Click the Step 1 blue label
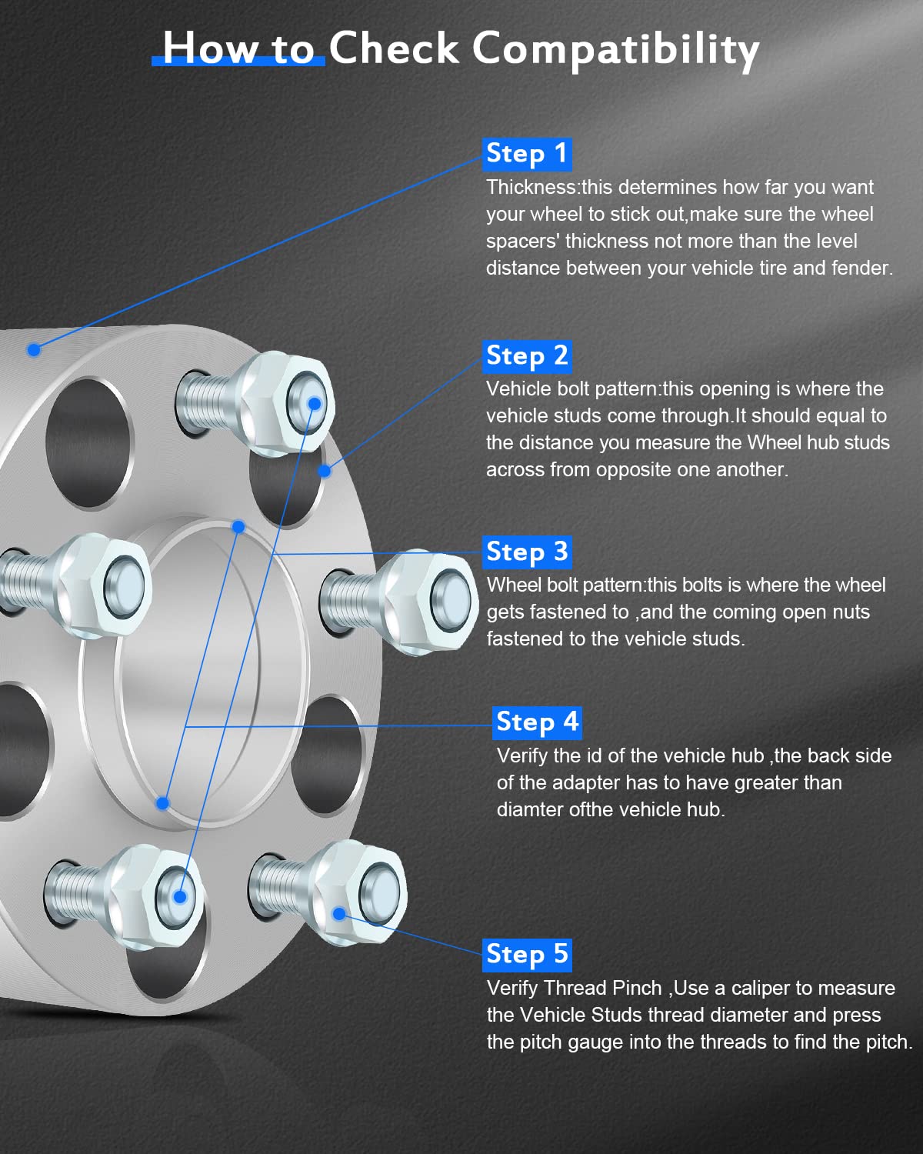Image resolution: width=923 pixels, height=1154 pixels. click(527, 154)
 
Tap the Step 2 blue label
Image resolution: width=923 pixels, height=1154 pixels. click(527, 356)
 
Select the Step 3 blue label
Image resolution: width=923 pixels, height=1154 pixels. click(527, 552)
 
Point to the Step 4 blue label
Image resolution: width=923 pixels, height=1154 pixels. click(537, 722)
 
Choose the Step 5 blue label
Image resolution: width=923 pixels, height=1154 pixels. click(527, 955)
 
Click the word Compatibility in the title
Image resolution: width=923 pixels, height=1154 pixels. click(615, 49)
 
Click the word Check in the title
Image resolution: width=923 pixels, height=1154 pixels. click(394, 49)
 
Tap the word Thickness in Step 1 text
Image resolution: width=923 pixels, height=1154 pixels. click(531, 188)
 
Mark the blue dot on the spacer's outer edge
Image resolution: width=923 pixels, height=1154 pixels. click(34, 350)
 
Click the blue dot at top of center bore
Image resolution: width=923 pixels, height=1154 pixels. click(238, 527)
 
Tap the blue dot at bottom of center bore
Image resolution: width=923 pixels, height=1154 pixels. click(162, 803)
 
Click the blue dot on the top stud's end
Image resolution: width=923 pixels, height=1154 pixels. click(314, 404)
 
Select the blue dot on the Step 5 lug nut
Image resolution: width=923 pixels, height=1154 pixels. click(339, 914)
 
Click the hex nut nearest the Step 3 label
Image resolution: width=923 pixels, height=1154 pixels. click(431, 600)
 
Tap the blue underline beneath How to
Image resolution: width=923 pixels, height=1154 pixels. click(238, 62)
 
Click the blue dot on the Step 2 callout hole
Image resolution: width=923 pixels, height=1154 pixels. click(325, 471)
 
